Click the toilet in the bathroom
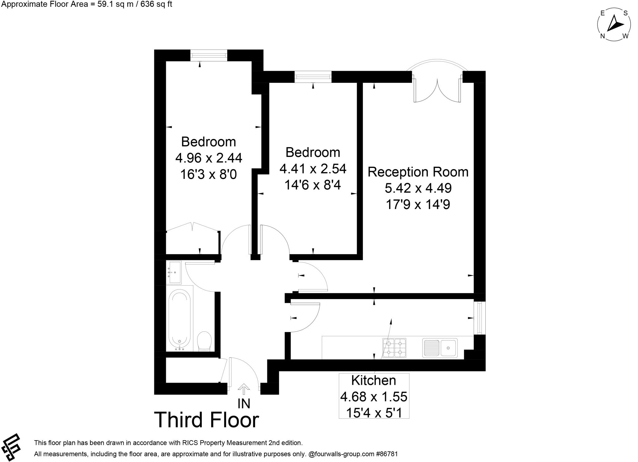click(x=204, y=341)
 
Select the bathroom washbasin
click(x=175, y=272)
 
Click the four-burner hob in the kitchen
click(x=394, y=348)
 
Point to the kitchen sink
click(x=440, y=348)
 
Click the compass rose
click(x=614, y=25)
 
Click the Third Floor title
click(x=207, y=420)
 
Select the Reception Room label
click(x=418, y=172)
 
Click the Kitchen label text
click(x=374, y=380)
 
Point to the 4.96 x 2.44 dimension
click(x=209, y=158)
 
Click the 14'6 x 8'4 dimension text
click(x=313, y=185)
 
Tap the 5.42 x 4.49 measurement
click(x=418, y=188)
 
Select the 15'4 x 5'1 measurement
click(x=374, y=413)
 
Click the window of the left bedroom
click(x=209, y=55)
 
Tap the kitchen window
click(x=480, y=318)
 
